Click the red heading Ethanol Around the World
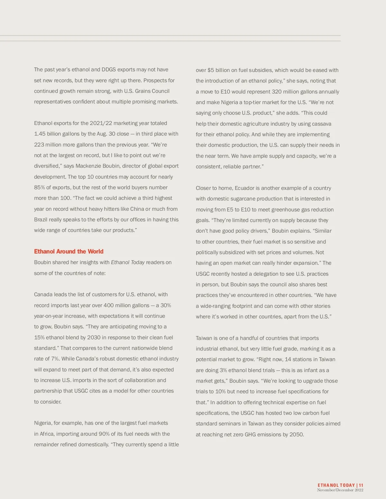(69, 252)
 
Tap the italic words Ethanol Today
(128, 263)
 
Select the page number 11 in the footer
(361, 486)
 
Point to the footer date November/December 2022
(340, 490)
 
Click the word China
(137, 209)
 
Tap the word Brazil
(41, 220)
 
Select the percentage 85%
(40, 188)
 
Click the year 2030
(94, 338)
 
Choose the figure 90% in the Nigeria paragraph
(104, 434)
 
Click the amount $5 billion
(221, 70)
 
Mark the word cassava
(321, 124)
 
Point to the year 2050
(296, 435)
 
